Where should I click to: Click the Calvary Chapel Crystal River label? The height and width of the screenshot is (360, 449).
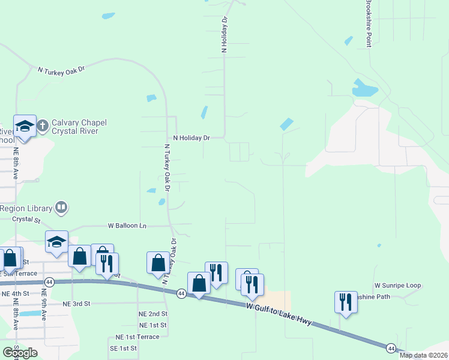79,127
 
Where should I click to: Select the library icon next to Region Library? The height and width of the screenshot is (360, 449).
61,208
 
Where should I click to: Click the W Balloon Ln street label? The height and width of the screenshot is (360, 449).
127,226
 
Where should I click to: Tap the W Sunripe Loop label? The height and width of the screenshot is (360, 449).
397,286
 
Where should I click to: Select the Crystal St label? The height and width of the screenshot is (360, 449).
26,219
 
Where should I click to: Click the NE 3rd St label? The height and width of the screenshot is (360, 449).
76,304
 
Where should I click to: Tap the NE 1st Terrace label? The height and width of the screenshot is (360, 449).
137,337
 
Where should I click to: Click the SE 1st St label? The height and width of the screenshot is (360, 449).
122,348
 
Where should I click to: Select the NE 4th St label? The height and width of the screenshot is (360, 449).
16,293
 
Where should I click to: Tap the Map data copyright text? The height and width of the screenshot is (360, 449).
424,355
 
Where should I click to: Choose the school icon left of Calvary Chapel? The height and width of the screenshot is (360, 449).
25,126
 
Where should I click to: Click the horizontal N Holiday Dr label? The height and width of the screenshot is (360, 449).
191,138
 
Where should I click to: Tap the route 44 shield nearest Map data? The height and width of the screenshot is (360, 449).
391,348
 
